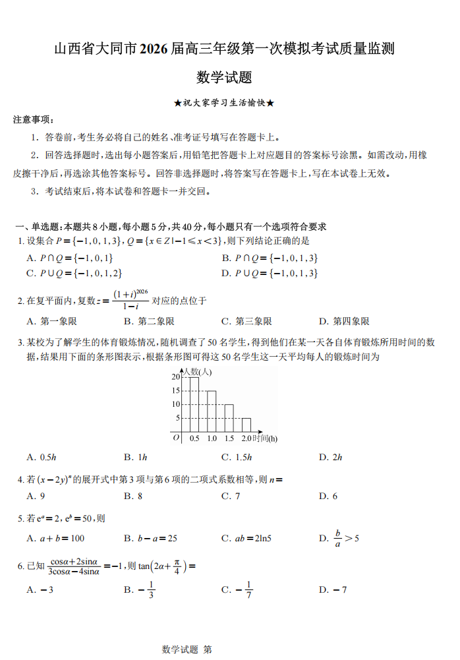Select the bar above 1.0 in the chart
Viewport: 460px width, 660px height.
click(212, 411)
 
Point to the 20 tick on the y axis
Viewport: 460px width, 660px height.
click(175, 376)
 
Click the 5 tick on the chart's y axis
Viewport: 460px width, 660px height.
click(177, 418)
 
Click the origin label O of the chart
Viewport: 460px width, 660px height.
click(176, 437)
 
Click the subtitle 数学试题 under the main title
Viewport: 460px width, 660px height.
click(224, 78)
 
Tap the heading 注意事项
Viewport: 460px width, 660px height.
click(34, 120)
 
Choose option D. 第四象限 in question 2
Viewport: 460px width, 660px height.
click(344, 322)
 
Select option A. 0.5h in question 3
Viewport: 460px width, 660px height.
click(42, 458)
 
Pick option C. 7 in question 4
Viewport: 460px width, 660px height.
click(231, 496)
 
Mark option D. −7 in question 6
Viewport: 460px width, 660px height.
click(333, 589)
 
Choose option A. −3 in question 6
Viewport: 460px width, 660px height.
click(40, 589)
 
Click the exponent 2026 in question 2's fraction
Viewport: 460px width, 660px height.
click(141, 291)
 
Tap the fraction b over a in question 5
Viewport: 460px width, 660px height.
click(337, 539)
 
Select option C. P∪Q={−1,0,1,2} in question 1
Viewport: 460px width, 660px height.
click(74, 273)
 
